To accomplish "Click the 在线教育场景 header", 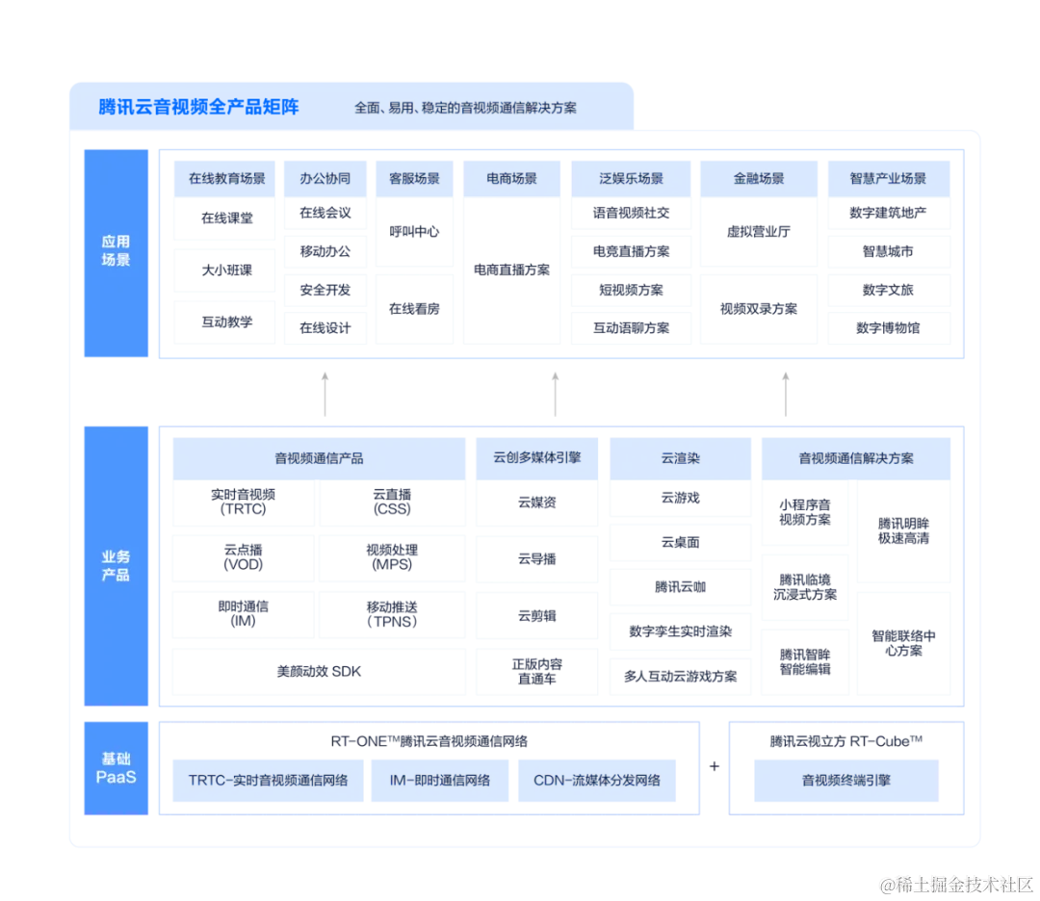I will pos(226,178).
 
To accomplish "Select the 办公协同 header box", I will pos(325,178).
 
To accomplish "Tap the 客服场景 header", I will pos(414,178).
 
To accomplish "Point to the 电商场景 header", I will pos(511,178).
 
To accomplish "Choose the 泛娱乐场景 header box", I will pos(631,178).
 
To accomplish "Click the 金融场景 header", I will pos(759,178).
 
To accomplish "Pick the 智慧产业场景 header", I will pos(888,178).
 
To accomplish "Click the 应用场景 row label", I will pos(116,251).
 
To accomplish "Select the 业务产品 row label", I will pos(116,566).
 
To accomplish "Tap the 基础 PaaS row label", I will pos(116,767).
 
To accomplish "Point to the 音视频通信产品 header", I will pos(319,458).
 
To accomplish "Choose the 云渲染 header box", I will pos(680,458).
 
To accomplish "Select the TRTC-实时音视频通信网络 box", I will pos(269,780).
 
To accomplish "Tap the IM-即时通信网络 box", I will pos(440,780).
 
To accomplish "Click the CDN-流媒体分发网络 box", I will pos(597,780).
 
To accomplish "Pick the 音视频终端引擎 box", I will pos(845,780).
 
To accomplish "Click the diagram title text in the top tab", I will pos(465,108).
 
